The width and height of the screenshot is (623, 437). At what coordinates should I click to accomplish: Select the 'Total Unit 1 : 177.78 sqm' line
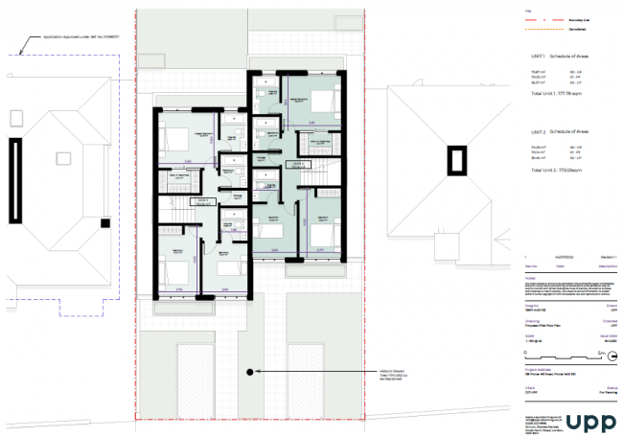[x=555, y=95]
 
